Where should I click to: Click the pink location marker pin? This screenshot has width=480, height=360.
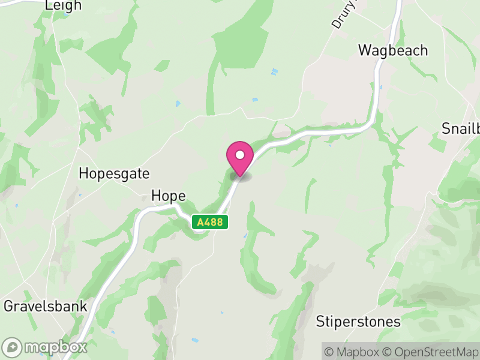[x=240, y=157]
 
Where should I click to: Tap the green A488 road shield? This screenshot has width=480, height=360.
[x=210, y=222]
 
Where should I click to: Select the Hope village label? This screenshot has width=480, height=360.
[x=168, y=196]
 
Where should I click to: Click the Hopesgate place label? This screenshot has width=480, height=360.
[x=114, y=173]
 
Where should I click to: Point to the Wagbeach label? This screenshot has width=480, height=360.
[x=393, y=50]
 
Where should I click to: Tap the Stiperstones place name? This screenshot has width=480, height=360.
[x=358, y=322]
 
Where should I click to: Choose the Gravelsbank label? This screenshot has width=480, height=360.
[x=46, y=306]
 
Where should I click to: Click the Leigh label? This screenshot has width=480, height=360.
[x=63, y=5]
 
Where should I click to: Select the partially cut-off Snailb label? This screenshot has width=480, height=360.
[x=460, y=128]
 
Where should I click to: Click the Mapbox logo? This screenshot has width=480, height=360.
[x=45, y=347]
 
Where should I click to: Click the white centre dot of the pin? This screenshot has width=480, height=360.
[x=240, y=155]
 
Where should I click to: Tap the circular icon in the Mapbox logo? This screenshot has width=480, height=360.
[x=12, y=347]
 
